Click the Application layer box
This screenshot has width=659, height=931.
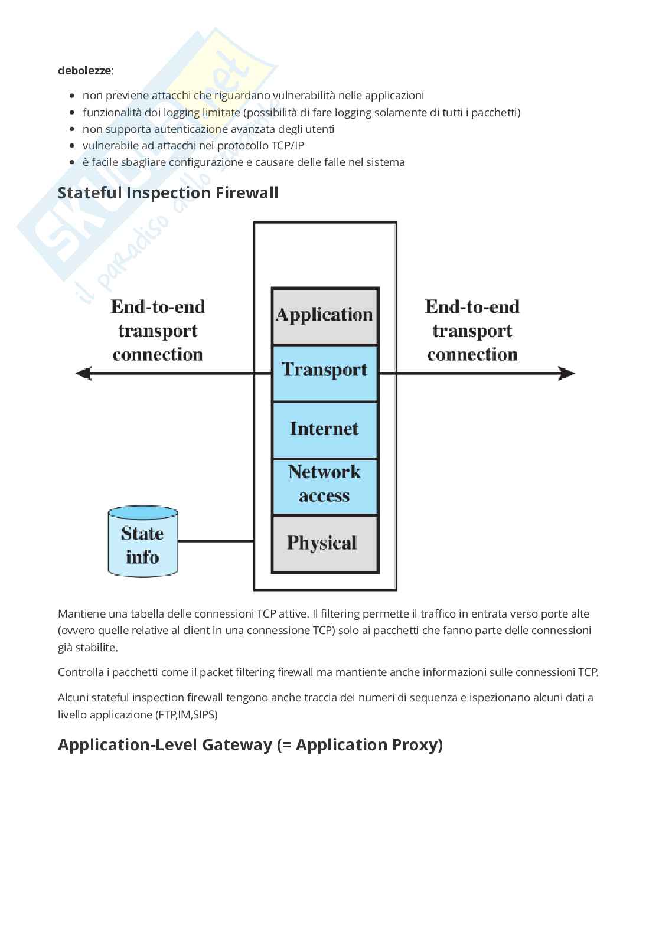[324, 316]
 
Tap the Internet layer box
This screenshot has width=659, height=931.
[324, 429]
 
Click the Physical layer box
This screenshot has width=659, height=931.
[324, 543]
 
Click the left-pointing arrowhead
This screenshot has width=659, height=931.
[83, 373]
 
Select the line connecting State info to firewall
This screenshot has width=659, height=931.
[216, 541]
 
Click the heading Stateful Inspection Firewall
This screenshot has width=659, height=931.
[168, 193]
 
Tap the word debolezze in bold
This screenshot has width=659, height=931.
[84, 71]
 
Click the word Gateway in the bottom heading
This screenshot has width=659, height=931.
[236, 745]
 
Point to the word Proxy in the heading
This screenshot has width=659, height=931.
[417, 745]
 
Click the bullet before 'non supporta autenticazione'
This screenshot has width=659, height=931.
[72, 129]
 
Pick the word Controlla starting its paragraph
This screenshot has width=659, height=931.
[79, 672]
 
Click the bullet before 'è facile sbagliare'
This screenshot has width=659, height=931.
[72, 162]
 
